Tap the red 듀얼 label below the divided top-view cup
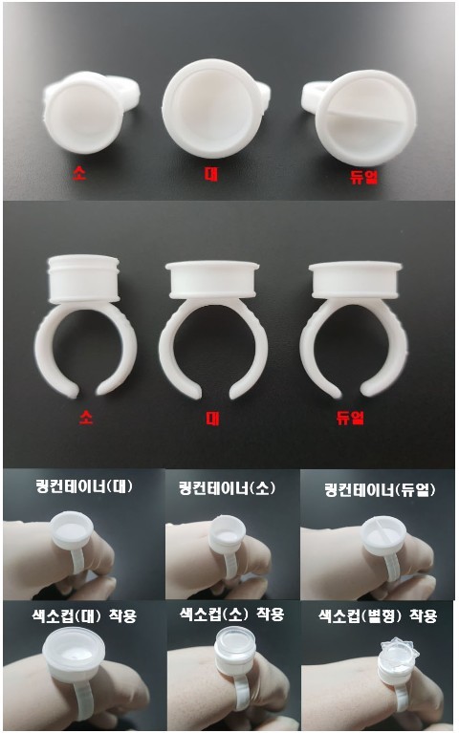click(x=363, y=176)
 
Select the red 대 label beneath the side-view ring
click(x=212, y=418)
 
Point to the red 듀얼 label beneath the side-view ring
click(x=350, y=417)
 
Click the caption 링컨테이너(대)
click(x=84, y=486)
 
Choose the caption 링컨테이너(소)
click(x=228, y=488)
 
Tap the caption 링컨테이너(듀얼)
click(x=380, y=490)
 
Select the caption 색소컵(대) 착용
click(x=85, y=615)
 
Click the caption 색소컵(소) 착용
click(x=231, y=614)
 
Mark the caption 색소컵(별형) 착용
click(x=378, y=615)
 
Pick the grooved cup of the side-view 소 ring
click(x=83, y=279)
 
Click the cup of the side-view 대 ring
click(x=212, y=279)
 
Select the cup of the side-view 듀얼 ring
click(x=356, y=280)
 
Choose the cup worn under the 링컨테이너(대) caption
click(x=72, y=529)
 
